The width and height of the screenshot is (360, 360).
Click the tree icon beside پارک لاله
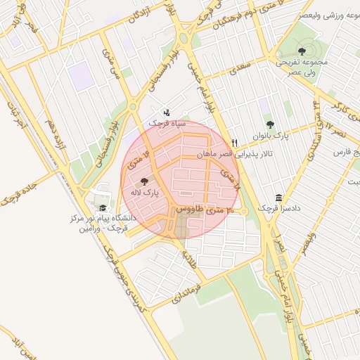point(144,182)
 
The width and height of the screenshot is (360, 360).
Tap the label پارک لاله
point(146,192)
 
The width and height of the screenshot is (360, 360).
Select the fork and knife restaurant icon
point(235,143)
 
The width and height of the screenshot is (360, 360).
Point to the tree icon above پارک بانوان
point(270,124)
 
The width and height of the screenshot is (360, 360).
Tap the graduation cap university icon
point(103,207)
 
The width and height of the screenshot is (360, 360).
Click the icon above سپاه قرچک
point(167,112)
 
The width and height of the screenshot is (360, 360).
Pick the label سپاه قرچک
point(167,123)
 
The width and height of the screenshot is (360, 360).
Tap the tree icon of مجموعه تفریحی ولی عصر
point(302,51)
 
